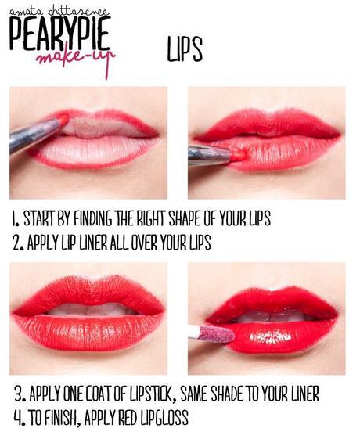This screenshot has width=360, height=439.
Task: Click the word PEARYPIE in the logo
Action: [59, 33]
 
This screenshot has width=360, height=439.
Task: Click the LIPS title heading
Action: [185, 49]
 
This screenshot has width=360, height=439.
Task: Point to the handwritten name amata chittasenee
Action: [59, 12]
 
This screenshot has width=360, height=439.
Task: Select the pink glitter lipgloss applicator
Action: [212, 333]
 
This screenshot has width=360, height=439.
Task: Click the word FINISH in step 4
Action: [61, 418]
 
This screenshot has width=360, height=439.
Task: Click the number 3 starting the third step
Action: [19, 394]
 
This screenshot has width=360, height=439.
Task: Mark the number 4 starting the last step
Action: [19, 418]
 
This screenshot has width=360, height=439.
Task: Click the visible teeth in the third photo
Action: [89, 310]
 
